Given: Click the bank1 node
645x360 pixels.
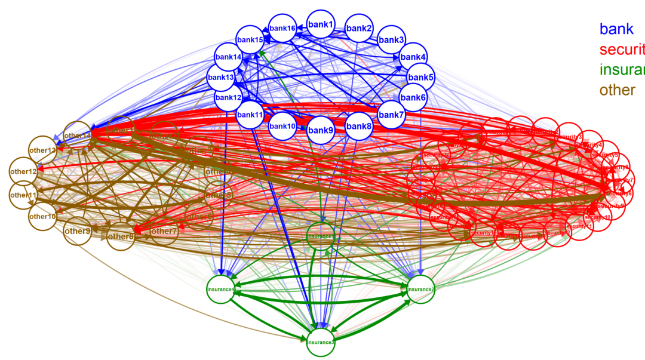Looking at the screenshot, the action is [x=321, y=24].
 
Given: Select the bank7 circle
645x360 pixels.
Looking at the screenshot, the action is [x=392, y=115].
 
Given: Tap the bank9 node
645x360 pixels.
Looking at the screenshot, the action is [x=321, y=130].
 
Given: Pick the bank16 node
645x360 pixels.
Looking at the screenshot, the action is [x=282, y=28].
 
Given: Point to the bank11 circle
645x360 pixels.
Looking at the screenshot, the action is [x=250, y=115].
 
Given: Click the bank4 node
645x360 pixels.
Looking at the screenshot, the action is [x=413, y=57].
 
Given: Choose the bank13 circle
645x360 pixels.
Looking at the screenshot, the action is [x=220, y=78].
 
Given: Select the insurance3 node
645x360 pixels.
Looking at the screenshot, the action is [x=321, y=342].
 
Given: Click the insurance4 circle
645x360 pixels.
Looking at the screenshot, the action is [x=220, y=290].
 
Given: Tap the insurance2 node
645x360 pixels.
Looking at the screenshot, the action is [x=420, y=289].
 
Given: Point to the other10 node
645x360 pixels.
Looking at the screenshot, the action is [x=42, y=216].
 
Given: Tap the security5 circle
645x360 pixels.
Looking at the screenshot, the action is [x=604, y=155].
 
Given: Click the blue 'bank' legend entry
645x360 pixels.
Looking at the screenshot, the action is [x=616, y=29].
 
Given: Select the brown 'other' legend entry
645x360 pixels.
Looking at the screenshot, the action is [x=618, y=90].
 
